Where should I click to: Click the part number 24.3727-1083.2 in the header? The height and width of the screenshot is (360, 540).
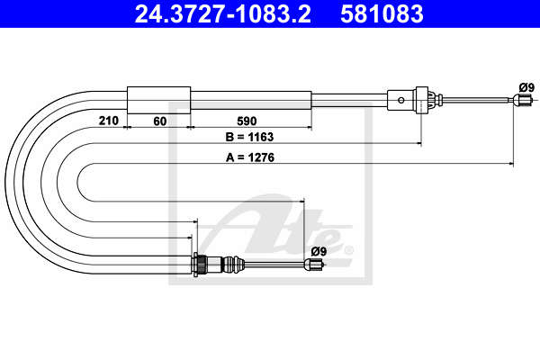(x=222, y=13)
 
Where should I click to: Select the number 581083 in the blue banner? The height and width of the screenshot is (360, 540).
(x=382, y=13)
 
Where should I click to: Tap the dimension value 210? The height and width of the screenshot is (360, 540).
(x=109, y=121)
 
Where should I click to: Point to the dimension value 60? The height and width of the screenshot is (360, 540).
(x=160, y=121)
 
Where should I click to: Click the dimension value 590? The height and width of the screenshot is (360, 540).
(x=247, y=121)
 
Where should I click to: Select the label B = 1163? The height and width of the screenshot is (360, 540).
(x=249, y=137)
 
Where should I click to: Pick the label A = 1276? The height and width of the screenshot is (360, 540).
(x=250, y=157)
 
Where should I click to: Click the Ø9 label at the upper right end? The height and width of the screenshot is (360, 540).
(x=526, y=87)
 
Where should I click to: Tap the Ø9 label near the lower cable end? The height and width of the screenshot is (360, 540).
(x=319, y=251)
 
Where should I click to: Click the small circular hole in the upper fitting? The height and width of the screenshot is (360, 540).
(x=401, y=100)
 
